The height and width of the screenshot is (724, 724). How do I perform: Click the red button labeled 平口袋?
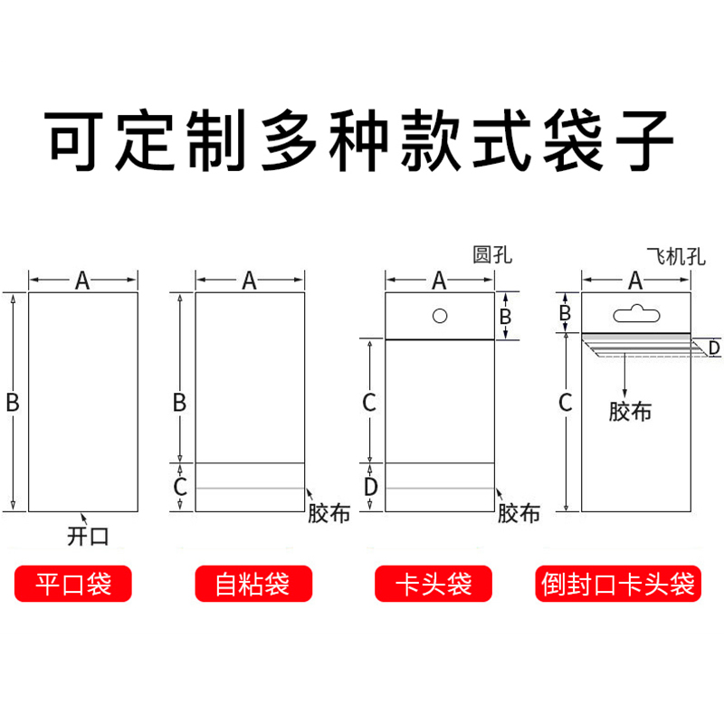[72, 584]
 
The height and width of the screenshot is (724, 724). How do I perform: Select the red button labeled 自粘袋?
[252, 584]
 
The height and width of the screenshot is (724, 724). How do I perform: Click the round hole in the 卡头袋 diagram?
[440, 316]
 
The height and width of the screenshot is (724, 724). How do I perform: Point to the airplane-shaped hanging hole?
[635, 314]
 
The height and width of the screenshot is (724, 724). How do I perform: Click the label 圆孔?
[492, 255]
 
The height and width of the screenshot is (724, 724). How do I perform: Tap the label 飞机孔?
[674, 256]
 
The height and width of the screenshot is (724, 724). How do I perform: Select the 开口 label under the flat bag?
[88, 536]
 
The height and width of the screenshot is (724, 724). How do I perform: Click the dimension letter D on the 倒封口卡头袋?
[714, 348]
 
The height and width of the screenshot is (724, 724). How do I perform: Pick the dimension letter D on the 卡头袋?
[370, 487]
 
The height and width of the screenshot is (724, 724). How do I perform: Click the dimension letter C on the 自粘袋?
[180, 487]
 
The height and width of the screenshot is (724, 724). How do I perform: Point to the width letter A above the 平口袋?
[82, 281]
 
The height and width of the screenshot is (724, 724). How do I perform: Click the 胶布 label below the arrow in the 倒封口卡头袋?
[630, 412]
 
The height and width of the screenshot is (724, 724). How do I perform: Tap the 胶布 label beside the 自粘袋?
[329, 513]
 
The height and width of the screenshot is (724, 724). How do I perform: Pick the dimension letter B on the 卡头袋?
[506, 317]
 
